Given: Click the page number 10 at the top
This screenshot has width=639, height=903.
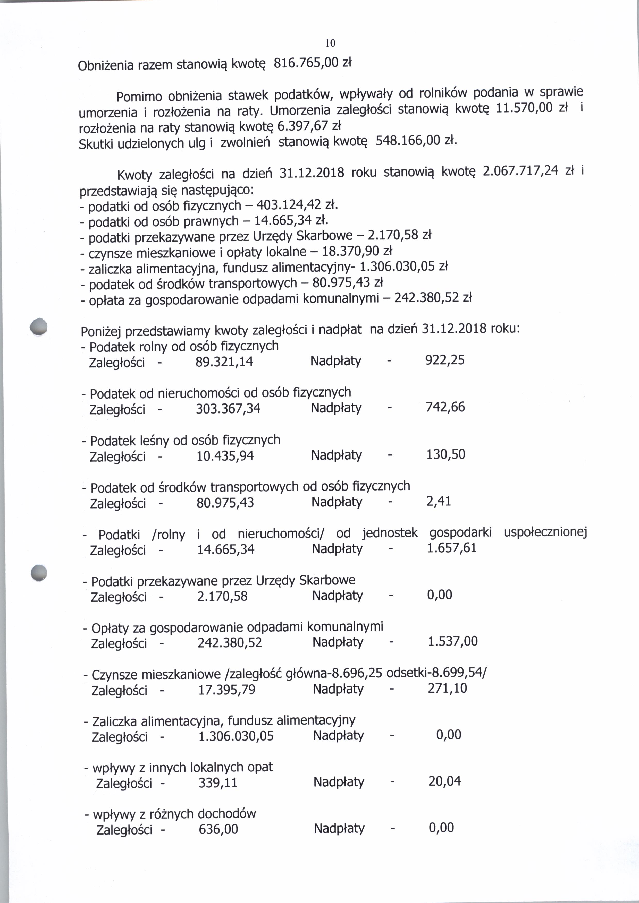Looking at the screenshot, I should (330, 43).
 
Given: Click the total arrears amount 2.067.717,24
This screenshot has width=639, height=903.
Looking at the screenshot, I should (520, 171).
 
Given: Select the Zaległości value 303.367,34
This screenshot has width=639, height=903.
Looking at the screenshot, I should (228, 408).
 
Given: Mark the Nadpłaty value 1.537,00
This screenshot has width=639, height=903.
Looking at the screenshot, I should (452, 641).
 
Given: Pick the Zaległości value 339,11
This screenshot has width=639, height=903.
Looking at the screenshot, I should (218, 783).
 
